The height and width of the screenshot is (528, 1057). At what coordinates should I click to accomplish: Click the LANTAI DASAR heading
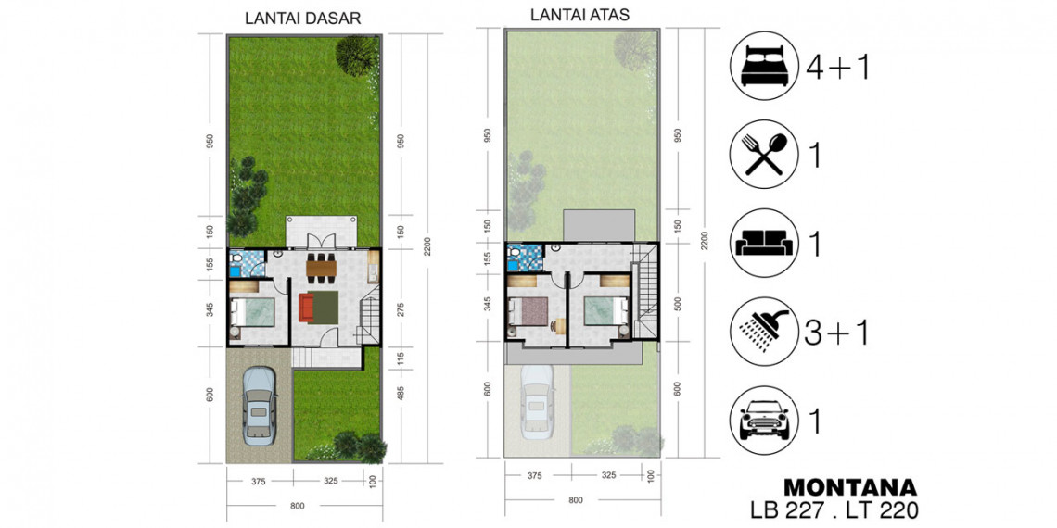[302, 19]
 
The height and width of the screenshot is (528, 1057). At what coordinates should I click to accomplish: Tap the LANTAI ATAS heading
[579, 15]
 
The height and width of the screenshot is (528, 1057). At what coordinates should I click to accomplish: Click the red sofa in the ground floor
[305, 308]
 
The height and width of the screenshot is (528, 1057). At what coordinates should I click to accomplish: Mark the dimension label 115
[401, 358]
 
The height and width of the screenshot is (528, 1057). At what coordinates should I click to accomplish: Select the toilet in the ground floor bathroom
[236, 258]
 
